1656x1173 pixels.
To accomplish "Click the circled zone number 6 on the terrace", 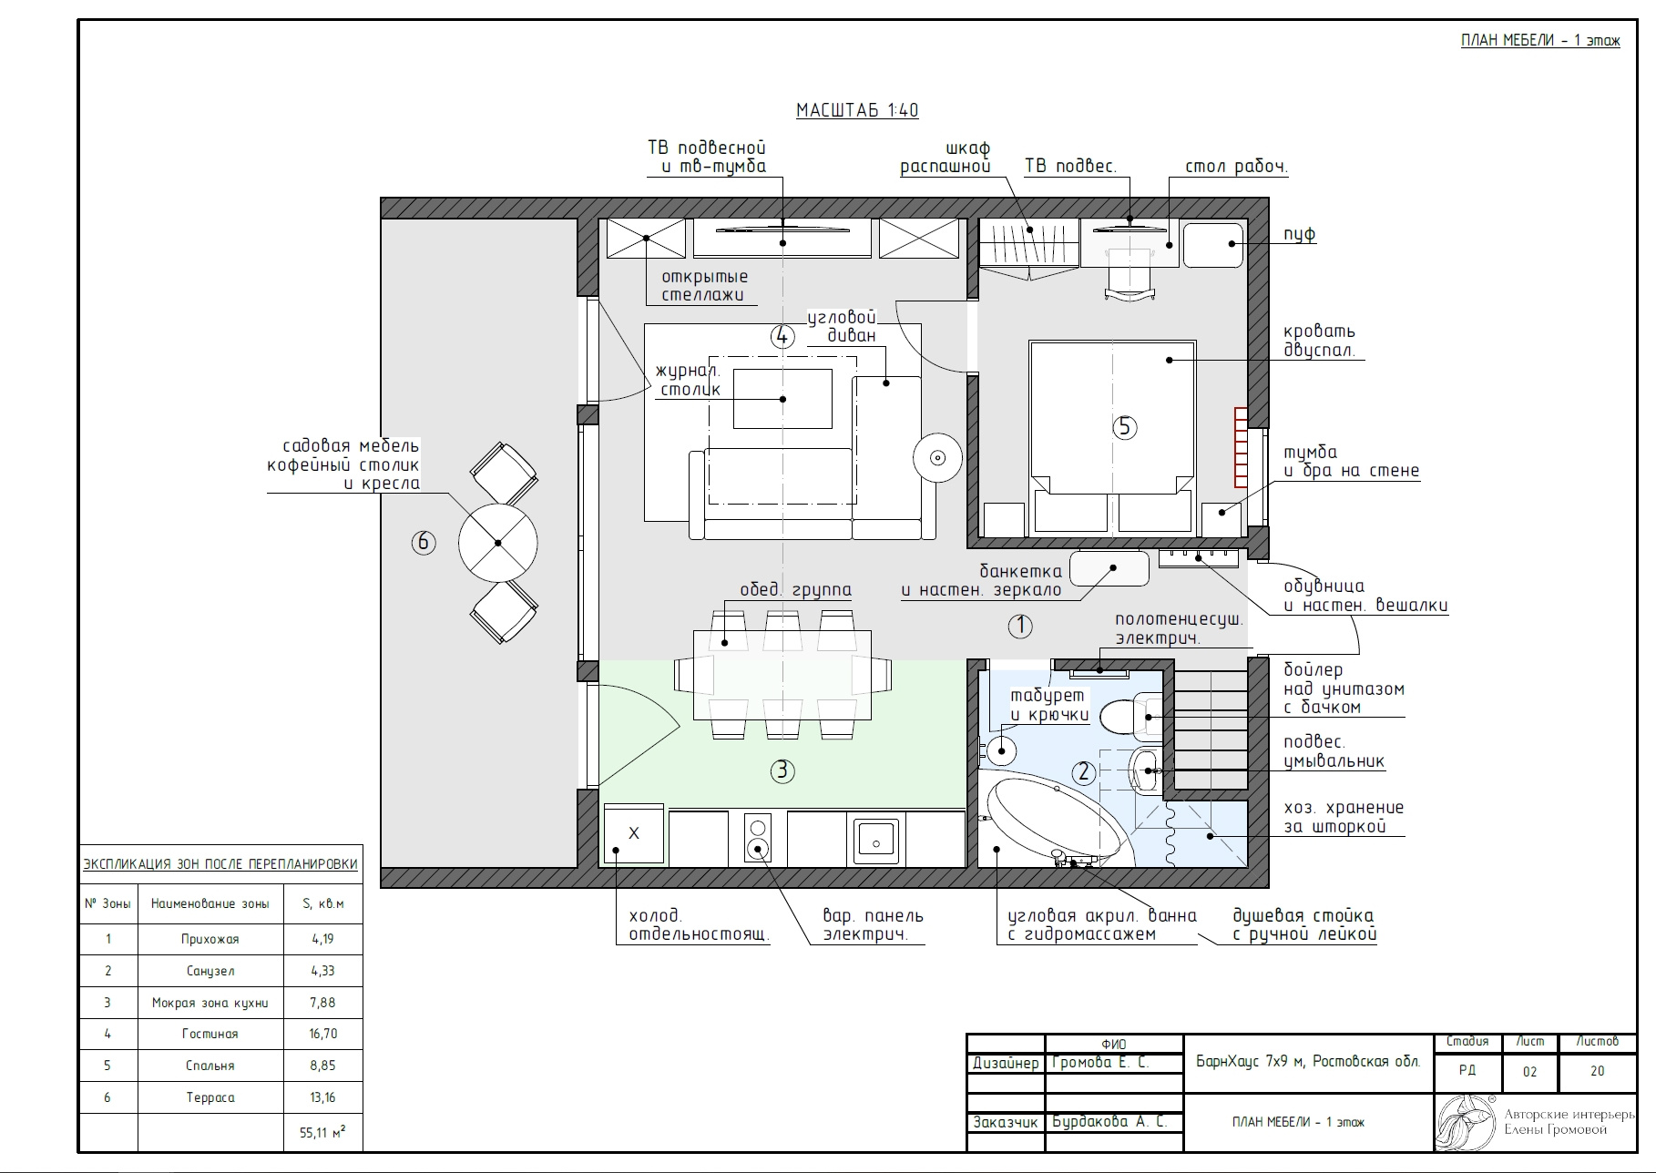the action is [423, 543].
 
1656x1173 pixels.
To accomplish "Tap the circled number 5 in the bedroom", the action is [1125, 426].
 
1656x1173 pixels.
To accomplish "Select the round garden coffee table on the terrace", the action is [497, 543].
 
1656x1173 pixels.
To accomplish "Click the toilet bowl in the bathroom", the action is [1125, 717].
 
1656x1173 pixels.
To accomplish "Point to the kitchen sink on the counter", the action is [878, 839].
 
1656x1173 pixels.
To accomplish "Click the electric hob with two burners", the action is [758, 838].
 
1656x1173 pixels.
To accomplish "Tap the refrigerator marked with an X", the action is [634, 833].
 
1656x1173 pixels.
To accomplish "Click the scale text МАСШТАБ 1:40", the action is [857, 110].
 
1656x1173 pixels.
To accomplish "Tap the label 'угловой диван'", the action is [842, 326].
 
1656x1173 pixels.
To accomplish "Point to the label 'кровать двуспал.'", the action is [1320, 341].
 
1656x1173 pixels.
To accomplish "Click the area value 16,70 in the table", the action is [323, 1034].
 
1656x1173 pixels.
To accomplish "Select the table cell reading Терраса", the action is [210, 1097].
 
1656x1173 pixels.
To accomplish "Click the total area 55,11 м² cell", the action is [323, 1133].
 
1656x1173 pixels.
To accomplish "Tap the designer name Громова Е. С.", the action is [1100, 1063].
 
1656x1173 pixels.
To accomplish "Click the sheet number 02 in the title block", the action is [1529, 1072].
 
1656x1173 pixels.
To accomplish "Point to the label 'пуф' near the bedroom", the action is [1300, 234].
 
